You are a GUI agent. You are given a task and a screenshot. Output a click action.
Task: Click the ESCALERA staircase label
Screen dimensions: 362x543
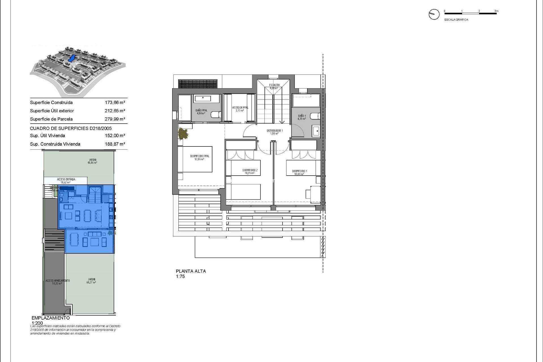pyautogui.click(x=274, y=85)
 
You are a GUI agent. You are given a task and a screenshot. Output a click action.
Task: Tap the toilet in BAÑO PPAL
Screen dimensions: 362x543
pyautogui.click(x=216, y=115)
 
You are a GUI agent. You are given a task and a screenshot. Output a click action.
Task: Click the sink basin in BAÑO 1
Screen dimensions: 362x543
pyautogui.click(x=316, y=131)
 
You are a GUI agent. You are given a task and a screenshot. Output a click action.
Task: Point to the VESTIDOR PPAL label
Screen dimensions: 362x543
pyautogui.click(x=240, y=108)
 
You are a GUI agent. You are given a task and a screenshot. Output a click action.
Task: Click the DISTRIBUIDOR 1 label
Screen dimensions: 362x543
pyautogui.click(x=274, y=131)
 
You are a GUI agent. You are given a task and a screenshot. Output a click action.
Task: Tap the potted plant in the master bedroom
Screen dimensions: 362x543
pyautogui.click(x=183, y=133)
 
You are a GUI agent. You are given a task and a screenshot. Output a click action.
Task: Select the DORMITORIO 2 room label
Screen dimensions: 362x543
pyautogui.click(x=250, y=170)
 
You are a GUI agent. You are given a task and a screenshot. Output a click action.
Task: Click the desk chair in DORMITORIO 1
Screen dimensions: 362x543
pyautogui.click(x=309, y=194)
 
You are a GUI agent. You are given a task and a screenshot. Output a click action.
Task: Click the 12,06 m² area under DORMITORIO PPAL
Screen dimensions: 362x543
pyautogui.click(x=199, y=159)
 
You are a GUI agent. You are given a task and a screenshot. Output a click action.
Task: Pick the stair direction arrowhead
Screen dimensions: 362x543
pyautogui.click(x=282, y=122)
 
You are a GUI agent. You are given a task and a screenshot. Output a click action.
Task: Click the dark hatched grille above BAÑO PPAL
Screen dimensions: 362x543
pyautogui.click(x=198, y=84)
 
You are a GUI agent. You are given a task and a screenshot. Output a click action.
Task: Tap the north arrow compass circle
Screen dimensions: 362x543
pyautogui.click(x=434, y=14)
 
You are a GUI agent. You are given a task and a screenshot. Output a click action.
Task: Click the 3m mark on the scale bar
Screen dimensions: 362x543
pyautogui.click(x=496, y=11)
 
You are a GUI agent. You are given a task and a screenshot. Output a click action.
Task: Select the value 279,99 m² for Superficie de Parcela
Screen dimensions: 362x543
pyautogui.click(x=115, y=119)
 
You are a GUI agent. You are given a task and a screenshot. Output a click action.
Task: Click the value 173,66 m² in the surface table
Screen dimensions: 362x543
pyautogui.click(x=115, y=103)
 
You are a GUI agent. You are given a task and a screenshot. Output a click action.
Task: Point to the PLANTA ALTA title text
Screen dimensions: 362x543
pyautogui.click(x=191, y=271)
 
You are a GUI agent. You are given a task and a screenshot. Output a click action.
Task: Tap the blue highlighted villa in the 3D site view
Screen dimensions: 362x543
pyautogui.click(x=72, y=59)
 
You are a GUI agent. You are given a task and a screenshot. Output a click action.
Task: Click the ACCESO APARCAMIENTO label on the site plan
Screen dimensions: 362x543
pyautogui.click(x=57, y=281)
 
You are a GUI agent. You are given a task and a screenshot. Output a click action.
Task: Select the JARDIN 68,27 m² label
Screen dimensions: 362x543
pyautogui.click(x=92, y=281)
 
